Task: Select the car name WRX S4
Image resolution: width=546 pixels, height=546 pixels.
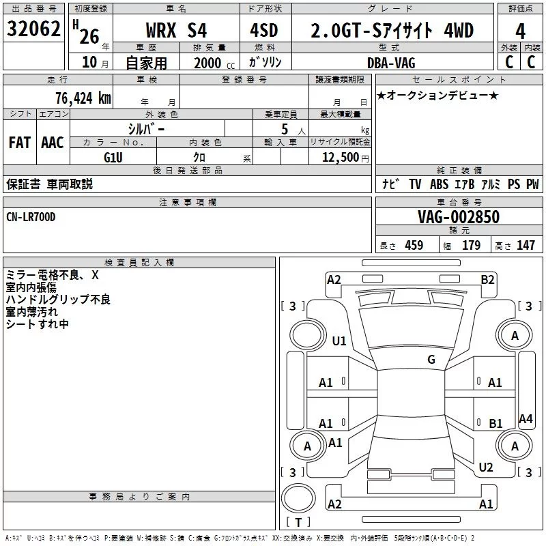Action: (x=175, y=31)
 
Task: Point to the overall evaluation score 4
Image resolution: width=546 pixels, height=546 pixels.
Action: (x=521, y=31)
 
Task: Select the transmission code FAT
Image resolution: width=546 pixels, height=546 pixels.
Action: (x=19, y=143)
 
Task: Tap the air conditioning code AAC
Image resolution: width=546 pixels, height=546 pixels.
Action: (x=52, y=143)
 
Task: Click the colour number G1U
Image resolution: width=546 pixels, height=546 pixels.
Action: (x=113, y=158)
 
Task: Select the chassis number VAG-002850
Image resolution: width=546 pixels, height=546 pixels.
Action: (x=459, y=217)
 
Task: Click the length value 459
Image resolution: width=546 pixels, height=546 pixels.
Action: (x=414, y=245)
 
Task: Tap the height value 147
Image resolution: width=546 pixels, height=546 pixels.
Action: (x=526, y=245)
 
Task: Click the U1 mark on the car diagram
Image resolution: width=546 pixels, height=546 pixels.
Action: (x=339, y=341)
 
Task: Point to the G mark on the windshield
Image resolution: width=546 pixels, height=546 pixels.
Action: (x=431, y=359)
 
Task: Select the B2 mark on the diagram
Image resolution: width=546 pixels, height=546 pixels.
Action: (x=487, y=279)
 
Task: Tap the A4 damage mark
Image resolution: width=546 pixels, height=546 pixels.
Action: (x=525, y=419)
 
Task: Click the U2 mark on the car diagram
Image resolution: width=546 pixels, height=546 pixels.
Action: (x=486, y=467)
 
